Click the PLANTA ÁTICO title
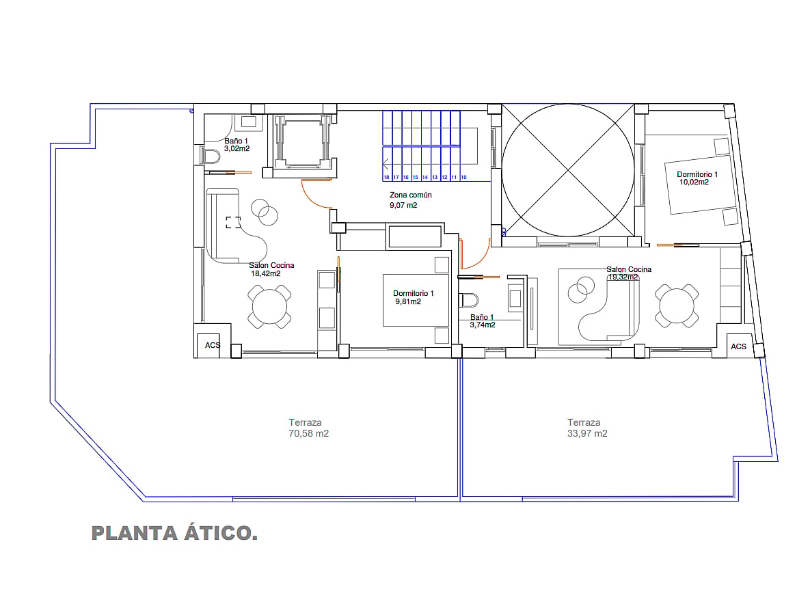[174, 533]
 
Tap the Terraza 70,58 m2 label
[308, 428]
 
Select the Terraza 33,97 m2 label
[587, 428]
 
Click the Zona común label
[411, 195]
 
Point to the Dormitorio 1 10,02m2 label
[697, 178]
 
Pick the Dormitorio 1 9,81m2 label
[414, 297]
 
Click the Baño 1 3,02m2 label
[237, 145]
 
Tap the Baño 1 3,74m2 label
[483, 321]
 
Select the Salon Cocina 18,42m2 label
[271, 269]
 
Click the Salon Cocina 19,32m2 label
[629, 273]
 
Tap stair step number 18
[386, 177]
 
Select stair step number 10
[463, 177]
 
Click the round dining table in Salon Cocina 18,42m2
[269, 307]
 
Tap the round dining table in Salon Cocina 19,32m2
[677, 305]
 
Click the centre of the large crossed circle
[568, 170]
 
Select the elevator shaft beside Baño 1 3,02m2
[303, 141]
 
